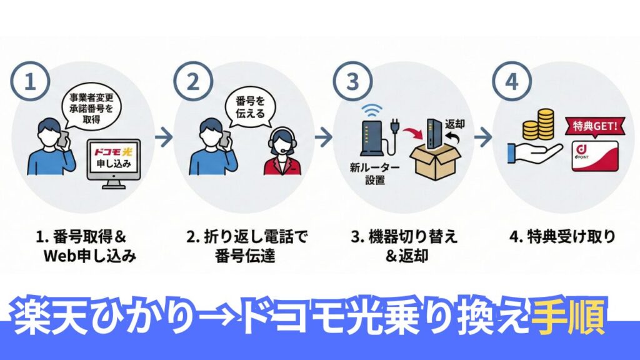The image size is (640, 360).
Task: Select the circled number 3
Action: point(349,84)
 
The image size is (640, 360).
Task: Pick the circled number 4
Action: point(509,84)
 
